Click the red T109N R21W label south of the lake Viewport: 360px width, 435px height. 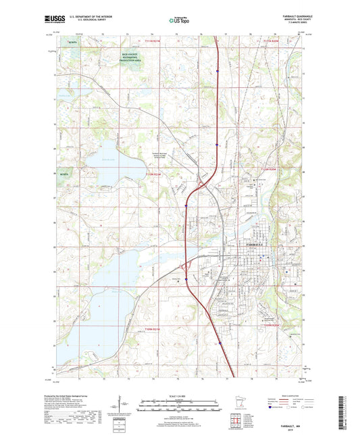155,328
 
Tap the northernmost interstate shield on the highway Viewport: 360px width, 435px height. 218,70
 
